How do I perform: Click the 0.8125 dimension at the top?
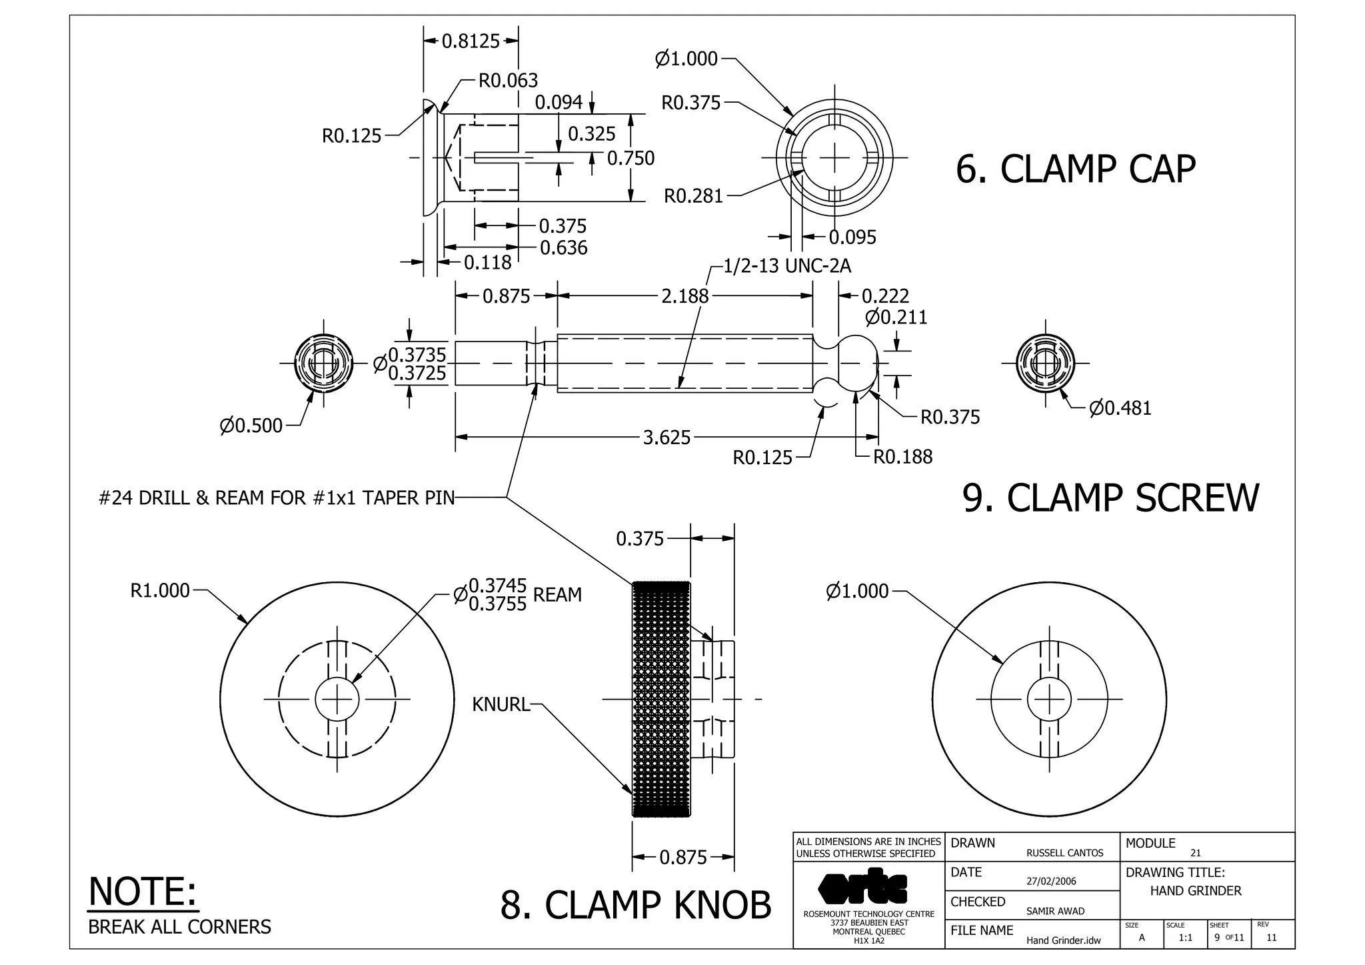[x=471, y=41]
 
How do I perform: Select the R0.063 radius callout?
[x=508, y=81]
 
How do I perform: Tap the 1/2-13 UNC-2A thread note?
[x=787, y=266]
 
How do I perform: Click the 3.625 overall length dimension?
[x=667, y=437]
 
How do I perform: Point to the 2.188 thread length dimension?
[x=684, y=296]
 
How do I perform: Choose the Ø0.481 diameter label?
[x=1120, y=408]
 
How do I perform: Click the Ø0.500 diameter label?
[x=251, y=425]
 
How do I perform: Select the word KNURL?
[x=501, y=704]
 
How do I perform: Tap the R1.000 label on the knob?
[x=160, y=591]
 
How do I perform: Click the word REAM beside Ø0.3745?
[x=557, y=594]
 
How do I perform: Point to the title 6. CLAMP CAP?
[x=1075, y=169]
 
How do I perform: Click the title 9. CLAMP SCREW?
[x=1110, y=498]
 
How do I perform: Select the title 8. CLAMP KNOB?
[x=635, y=905]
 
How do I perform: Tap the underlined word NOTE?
[x=143, y=892]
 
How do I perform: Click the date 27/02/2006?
[x=1051, y=881]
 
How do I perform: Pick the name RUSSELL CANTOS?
[x=1064, y=853]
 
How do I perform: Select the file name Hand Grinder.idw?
[x=1063, y=940]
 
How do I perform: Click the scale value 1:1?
[x=1185, y=938]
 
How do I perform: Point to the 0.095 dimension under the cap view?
[x=852, y=237]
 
